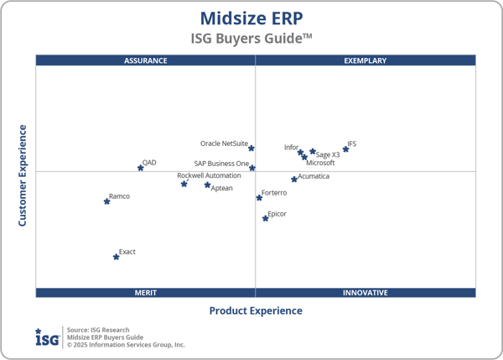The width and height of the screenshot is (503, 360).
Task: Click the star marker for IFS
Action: (x=345, y=149)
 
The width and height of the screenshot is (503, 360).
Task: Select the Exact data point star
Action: (x=117, y=257)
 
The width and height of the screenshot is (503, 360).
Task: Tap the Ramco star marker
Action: (x=107, y=201)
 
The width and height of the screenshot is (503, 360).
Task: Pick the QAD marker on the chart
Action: (x=141, y=168)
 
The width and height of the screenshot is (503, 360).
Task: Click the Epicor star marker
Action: (x=266, y=218)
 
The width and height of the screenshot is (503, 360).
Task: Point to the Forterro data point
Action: (x=259, y=197)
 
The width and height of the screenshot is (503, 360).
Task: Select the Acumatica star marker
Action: (x=294, y=179)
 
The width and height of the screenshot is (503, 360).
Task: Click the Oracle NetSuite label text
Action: (x=224, y=143)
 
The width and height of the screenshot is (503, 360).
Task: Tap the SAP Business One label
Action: (x=221, y=164)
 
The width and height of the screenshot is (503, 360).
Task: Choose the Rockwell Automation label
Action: (x=209, y=175)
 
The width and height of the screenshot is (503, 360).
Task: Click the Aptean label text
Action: (x=222, y=188)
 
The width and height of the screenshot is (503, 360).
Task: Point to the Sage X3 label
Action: (x=328, y=154)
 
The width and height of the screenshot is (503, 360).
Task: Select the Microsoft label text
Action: (x=320, y=163)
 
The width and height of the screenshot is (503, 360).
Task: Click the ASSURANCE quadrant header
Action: (x=146, y=60)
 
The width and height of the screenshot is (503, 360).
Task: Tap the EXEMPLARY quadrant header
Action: (x=366, y=60)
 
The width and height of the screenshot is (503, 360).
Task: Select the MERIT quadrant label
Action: (x=146, y=293)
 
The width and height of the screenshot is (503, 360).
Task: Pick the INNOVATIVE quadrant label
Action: (x=366, y=293)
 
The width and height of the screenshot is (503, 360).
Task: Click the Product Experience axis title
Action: (x=256, y=310)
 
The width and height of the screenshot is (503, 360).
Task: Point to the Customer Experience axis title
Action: (x=23, y=175)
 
